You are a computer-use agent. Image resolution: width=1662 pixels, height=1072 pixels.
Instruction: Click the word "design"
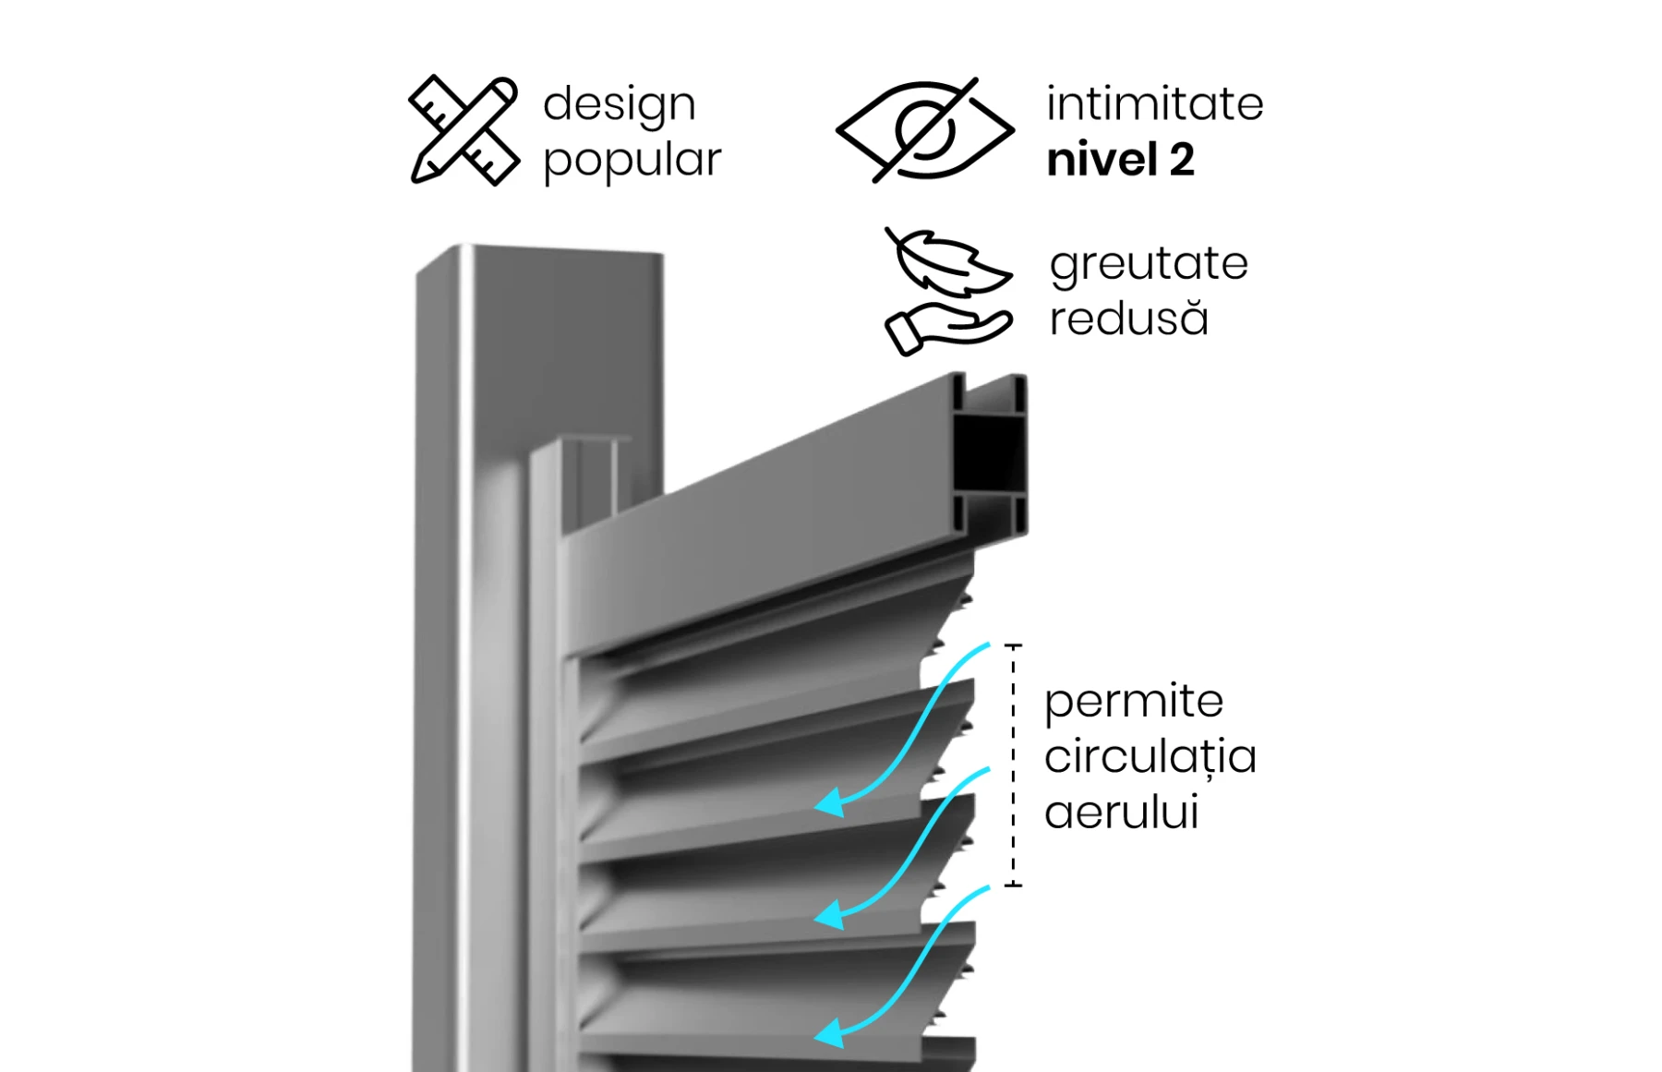619,104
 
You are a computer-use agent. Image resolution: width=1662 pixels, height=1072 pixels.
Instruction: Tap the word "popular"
632,161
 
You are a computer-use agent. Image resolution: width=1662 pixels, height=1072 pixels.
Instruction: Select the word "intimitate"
1154,103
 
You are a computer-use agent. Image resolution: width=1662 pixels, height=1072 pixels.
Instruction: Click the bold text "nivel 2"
1120,160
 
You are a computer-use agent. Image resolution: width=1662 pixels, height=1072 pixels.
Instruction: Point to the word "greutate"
1149,264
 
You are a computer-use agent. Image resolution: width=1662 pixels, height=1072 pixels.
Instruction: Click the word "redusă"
1128,319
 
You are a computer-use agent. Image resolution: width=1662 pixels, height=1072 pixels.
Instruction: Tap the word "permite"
1134,702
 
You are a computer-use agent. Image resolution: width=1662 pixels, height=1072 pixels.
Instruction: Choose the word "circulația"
1150,757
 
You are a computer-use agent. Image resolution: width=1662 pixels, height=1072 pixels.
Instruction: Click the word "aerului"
1121,813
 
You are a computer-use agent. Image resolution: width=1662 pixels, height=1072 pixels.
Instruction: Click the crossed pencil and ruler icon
464,130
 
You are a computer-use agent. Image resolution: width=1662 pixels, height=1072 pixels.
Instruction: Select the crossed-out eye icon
924,130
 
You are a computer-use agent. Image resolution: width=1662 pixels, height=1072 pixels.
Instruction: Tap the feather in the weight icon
951,263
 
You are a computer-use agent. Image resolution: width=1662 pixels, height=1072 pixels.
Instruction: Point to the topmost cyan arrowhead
830,802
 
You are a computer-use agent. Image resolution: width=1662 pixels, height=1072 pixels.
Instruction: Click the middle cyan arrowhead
830,915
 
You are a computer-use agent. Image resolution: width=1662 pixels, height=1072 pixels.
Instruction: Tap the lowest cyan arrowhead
830,1033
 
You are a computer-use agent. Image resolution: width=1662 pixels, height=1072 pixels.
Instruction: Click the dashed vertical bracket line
1013,765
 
